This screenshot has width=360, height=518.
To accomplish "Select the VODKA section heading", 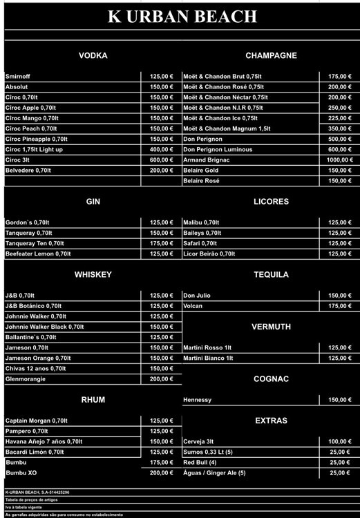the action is tap(93, 55).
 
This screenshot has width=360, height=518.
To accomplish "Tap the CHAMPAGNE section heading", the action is tap(271, 55).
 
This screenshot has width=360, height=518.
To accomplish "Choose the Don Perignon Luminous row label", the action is tap(218, 149).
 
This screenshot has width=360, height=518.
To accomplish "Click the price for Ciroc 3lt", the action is tap(161, 160).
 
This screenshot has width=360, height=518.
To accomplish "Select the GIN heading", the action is tap(93, 202).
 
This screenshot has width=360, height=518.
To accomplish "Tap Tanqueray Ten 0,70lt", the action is tap(35, 243).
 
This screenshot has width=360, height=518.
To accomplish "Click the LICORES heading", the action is tap(271, 202).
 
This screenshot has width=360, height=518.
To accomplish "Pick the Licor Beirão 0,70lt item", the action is tap(209, 253).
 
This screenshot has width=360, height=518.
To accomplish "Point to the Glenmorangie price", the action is tap(161, 378).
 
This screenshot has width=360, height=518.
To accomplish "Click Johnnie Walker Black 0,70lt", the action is tap(44, 327).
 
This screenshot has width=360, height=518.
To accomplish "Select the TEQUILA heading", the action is tap(271, 274).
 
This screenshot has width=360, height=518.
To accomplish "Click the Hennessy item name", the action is tap(198, 400).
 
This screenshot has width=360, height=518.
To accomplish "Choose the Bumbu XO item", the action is tap(22, 472).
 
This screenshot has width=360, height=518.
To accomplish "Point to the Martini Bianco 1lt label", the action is tap(208, 358).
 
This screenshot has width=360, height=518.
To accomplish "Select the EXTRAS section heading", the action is tap(271, 420).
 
